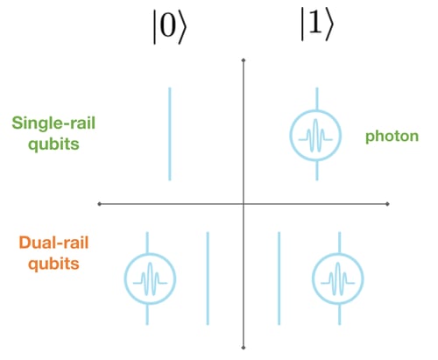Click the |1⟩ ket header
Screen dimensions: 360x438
click(314, 30)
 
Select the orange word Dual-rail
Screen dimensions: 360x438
click(46, 239)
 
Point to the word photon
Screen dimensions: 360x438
click(392, 136)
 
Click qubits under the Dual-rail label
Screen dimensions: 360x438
click(46, 262)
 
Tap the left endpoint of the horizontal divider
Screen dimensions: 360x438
click(101, 204)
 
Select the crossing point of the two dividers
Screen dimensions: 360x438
click(243, 204)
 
